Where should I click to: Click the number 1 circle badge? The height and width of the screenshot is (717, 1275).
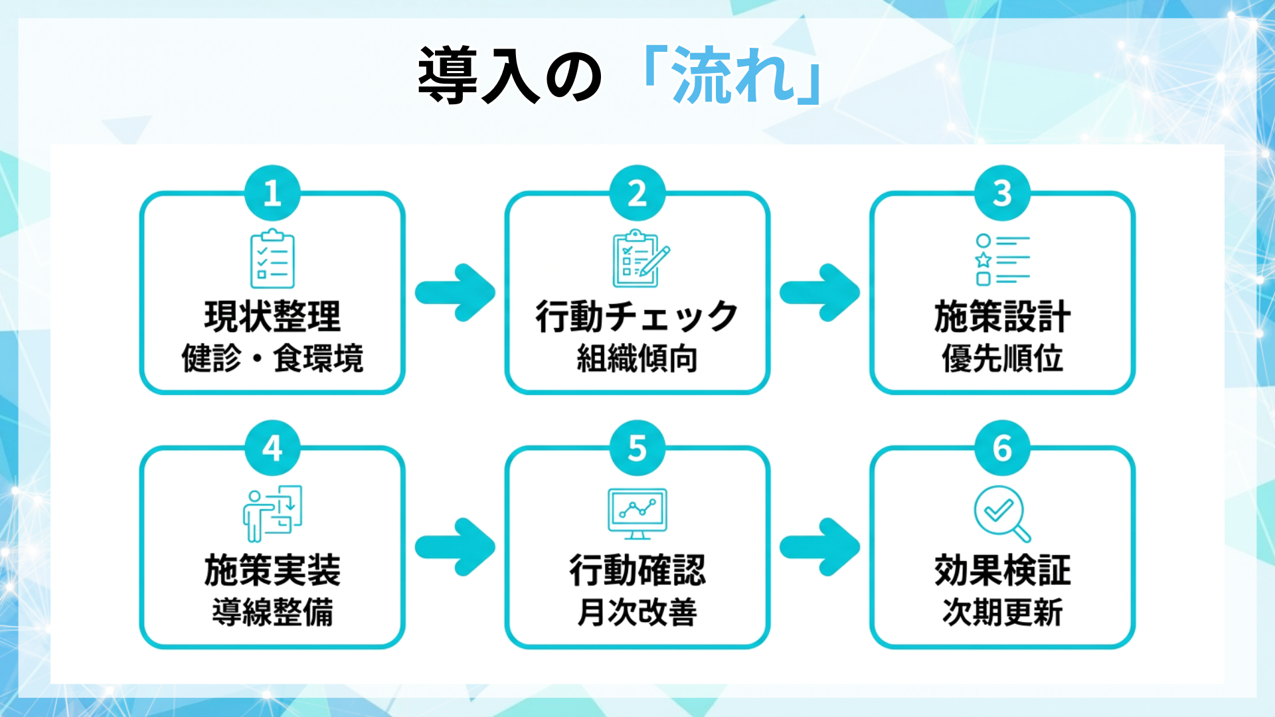coord(272,193)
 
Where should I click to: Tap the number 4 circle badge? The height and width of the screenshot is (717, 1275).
coord(272,448)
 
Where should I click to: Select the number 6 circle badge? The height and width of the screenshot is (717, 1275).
coord(1002,448)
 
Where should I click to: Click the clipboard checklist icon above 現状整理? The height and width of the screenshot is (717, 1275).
coord(272,259)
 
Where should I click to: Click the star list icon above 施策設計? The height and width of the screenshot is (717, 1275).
coord(1002,260)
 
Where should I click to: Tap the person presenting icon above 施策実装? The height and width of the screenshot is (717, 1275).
coord(273,514)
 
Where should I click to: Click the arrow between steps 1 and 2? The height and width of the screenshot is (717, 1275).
coord(456,293)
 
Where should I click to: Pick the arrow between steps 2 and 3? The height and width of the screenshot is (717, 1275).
coord(820,293)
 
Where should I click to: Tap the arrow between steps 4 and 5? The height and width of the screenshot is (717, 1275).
coord(456,547)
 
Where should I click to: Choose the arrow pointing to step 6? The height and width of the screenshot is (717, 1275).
coord(820,547)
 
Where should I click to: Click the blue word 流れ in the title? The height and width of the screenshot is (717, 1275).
coord(733,75)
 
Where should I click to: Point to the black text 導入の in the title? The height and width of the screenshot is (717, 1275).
coord(510,75)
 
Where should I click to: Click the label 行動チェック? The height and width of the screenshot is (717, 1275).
coord(637,317)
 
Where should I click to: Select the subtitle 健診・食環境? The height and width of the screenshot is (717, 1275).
coord(272,358)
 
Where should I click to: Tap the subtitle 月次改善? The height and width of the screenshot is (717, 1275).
coord(637,612)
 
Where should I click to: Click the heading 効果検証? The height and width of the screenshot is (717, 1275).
coord(1003,570)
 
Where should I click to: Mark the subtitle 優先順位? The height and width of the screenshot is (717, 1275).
coord(1003,358)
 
